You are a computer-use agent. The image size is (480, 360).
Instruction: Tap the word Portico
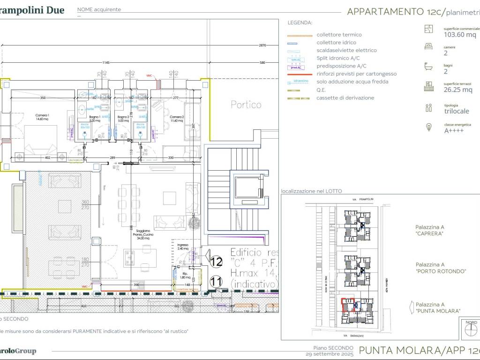[246, 105]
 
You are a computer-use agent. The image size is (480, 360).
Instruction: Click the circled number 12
[216, 261]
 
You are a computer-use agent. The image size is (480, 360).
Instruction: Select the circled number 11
[216, 282]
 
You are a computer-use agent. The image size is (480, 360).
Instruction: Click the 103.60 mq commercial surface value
[459, 35]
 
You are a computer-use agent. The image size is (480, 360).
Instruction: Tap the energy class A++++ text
[454, 131]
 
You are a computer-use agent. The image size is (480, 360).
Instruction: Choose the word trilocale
[457, 111]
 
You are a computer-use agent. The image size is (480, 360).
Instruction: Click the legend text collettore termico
[339, 35]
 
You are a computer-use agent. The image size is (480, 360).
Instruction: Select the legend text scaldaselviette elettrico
[346, 50]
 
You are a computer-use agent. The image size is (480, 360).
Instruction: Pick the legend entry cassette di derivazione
[345, 98]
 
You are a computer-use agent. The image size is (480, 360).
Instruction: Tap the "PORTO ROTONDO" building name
[440, 271]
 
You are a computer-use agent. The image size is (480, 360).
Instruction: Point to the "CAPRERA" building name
[429, 233]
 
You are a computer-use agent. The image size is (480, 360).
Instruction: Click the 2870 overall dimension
[262, 45]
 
